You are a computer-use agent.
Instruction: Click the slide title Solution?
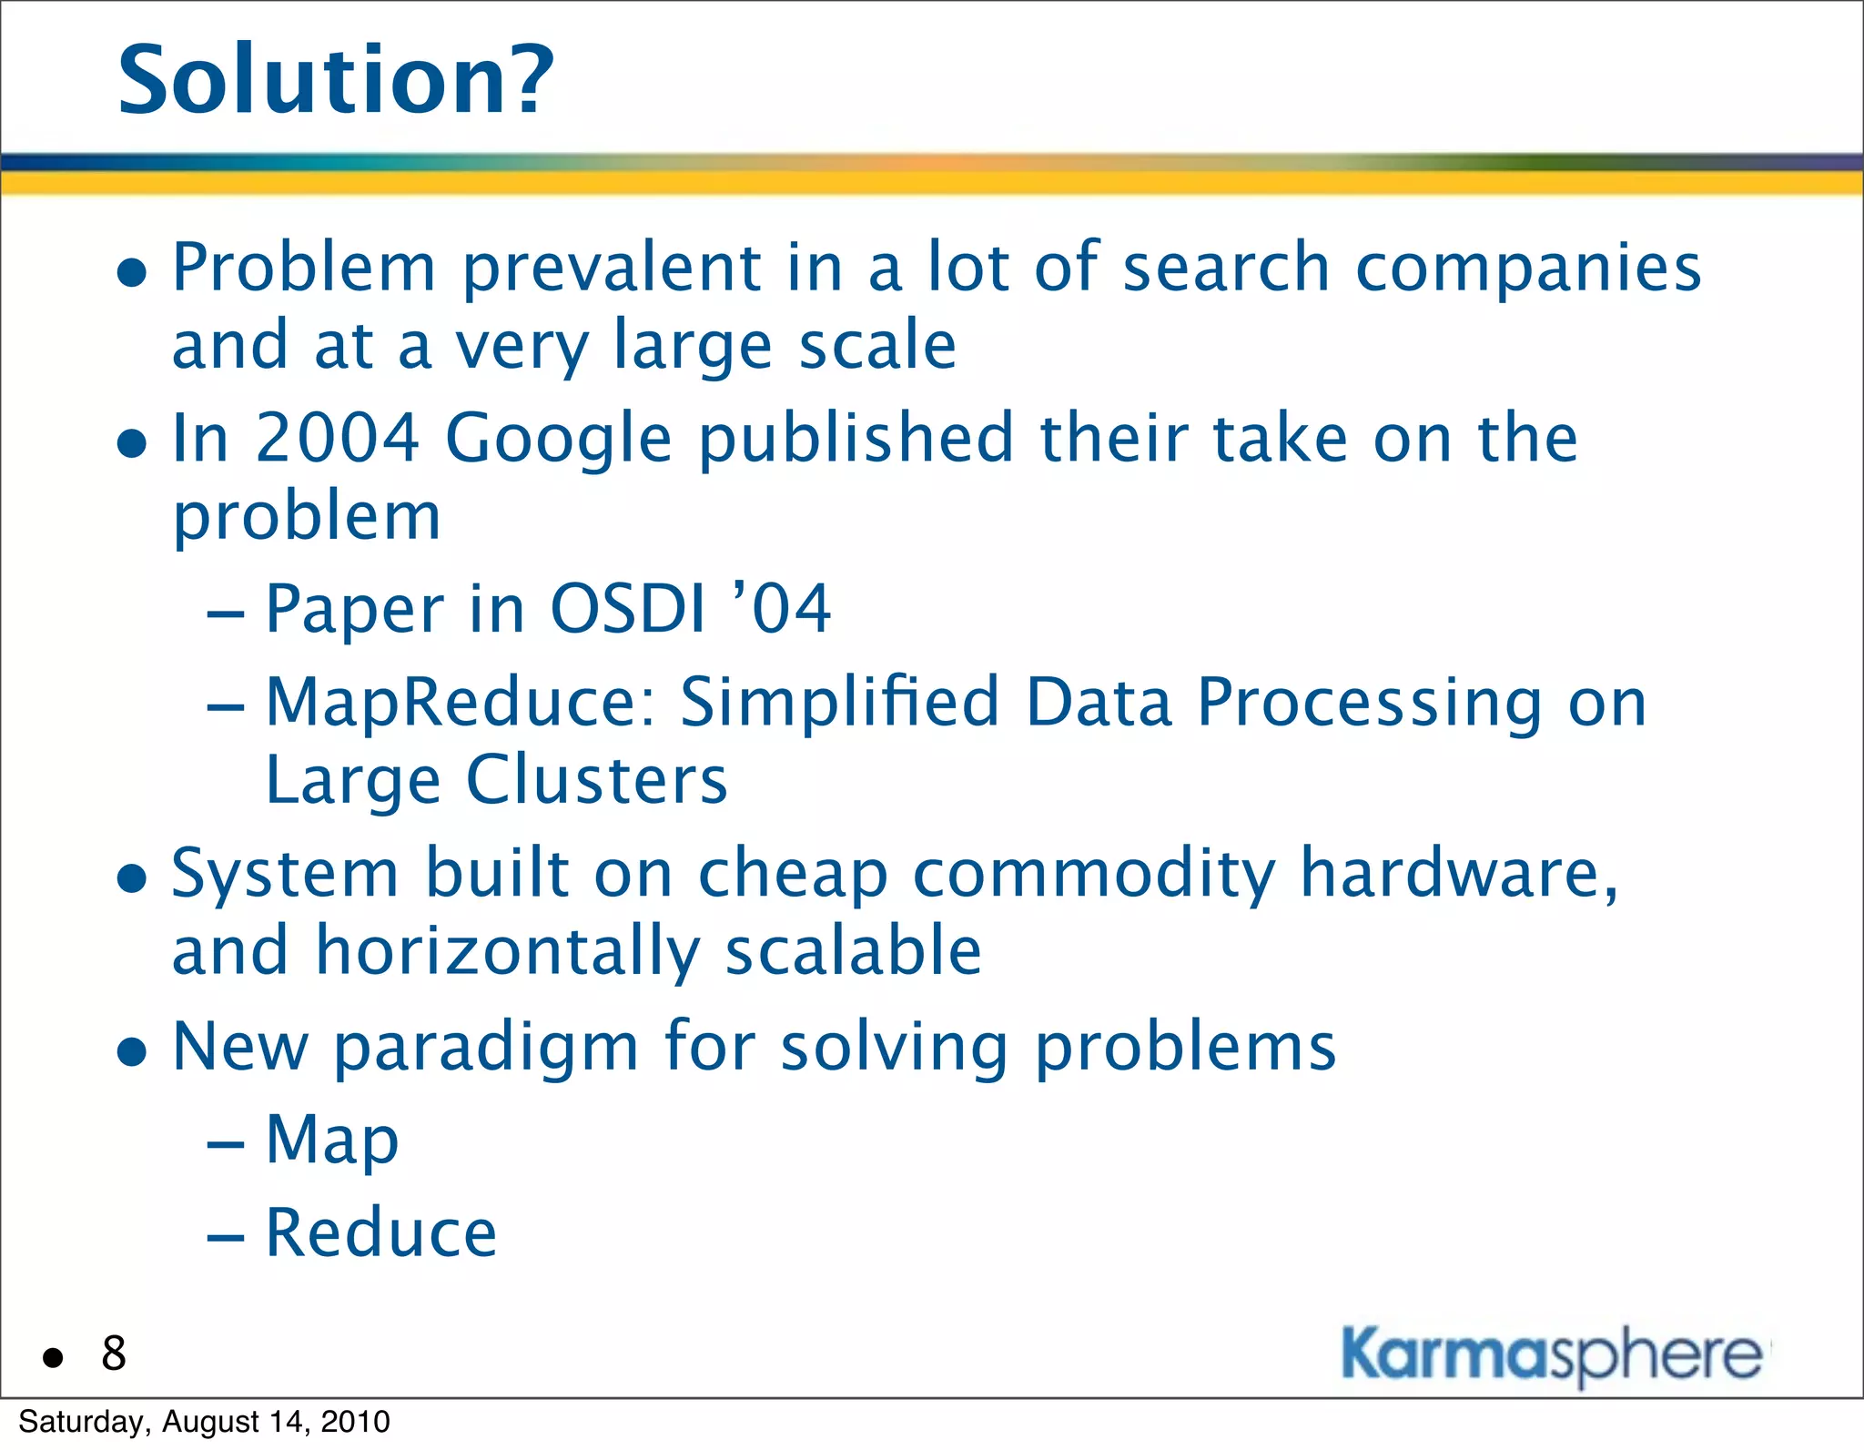[x=335, y=82]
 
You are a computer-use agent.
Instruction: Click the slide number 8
[x=114, y=1354]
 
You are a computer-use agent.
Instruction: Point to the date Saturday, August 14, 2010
[x=204, y=1422]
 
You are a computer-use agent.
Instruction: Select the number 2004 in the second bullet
[x=337, y=439]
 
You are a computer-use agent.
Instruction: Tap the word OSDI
[x=628, y=609]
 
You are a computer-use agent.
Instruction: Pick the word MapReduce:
[x=461, y=704]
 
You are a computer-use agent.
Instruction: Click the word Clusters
[x=597, y=781]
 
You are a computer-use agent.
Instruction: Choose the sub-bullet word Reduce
[x=381, y=1233]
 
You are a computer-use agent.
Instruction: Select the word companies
[x=1528, y=269]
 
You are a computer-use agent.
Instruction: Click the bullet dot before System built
[x=133, y=878]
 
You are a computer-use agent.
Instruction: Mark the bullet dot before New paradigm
[x=133, y=1052]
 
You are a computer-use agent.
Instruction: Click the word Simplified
[x=840, y=704]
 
